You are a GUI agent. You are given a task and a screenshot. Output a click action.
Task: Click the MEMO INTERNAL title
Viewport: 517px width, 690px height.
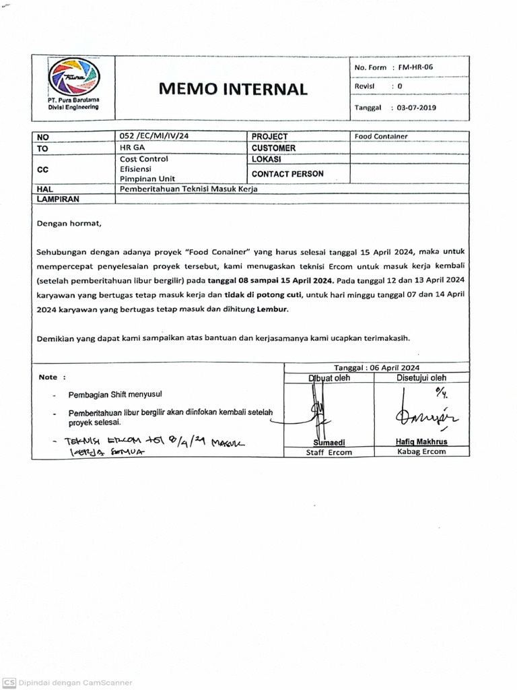232,89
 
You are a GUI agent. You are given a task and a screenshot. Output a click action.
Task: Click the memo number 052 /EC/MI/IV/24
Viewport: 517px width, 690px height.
154,136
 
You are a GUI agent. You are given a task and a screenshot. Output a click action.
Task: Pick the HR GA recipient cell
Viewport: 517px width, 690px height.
131,148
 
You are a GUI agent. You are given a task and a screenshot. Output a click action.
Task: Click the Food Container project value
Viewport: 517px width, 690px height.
381,136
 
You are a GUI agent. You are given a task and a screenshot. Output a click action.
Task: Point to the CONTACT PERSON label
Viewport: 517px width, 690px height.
287,174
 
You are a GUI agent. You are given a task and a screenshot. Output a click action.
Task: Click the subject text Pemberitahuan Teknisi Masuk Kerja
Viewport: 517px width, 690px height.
188,189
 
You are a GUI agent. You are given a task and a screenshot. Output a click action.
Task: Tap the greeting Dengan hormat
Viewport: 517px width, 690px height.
69,223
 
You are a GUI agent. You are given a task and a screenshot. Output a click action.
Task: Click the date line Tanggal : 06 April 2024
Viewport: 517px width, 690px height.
376,367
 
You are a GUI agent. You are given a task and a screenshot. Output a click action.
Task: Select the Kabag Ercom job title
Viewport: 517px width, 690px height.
421,451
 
